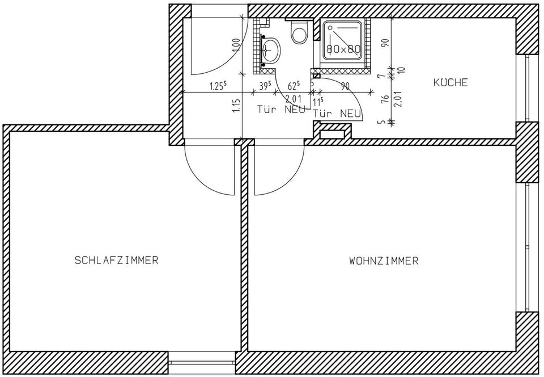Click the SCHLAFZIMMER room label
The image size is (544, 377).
tap(116, 261)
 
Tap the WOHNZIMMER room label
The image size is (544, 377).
tap(384, 261)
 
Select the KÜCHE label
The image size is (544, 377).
tap(450, 83)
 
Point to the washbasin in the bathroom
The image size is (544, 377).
tap(271, 50)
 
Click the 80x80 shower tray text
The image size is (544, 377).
tap(343, 49)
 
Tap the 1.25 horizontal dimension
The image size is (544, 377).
tap(218, 86)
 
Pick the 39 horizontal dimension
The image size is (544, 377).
tap(264, 86)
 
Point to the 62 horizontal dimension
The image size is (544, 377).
tap(294, 86)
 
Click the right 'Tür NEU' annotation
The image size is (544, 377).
tap(338, 114)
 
